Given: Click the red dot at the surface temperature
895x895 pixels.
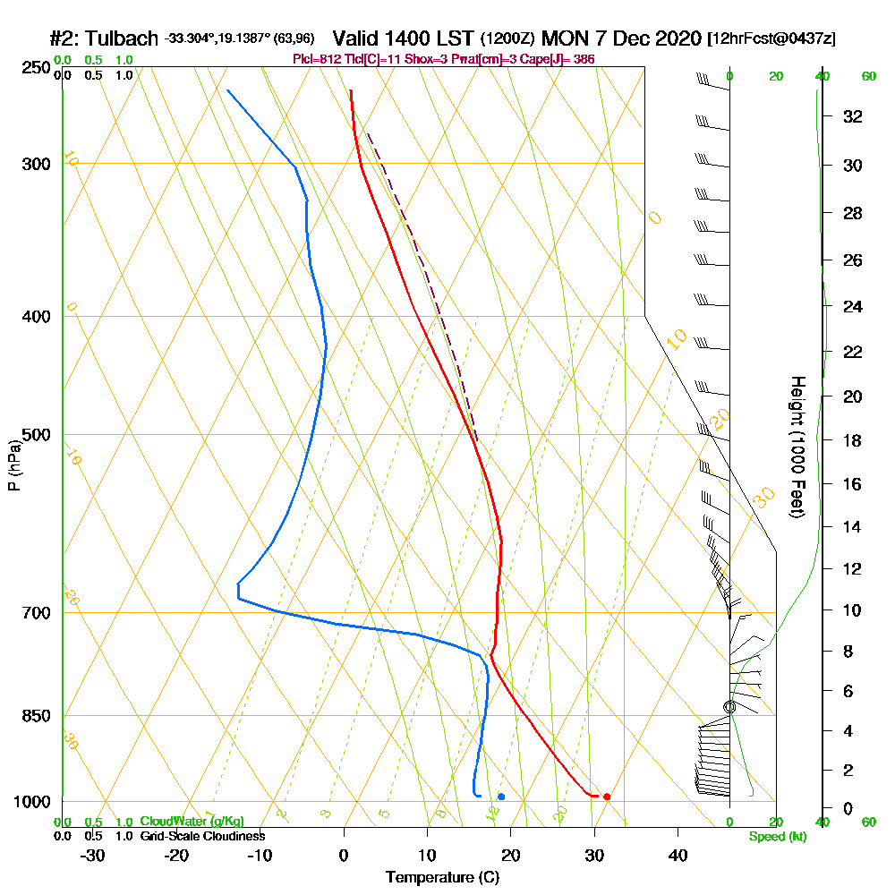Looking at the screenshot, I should [x=607, y=797].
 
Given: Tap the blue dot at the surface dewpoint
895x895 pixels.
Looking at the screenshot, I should [x=501, y=797].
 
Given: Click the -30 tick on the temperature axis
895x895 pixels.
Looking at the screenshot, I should [x=93, y=855].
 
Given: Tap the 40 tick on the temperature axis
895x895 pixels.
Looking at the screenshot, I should [x=678, y=855].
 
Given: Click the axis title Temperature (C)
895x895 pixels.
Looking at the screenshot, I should [x=442, y=878].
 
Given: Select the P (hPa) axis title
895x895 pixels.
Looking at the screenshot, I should [x=13, y=465].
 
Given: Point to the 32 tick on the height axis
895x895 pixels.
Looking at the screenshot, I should [x=853, y=116].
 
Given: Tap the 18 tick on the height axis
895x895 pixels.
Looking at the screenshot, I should [x=853, y=440].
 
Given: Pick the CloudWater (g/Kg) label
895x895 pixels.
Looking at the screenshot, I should [x=192, y=822].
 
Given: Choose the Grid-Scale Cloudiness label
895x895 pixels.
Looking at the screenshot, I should [x=202, y=836].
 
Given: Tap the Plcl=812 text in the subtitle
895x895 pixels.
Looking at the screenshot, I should [x=319, y=59].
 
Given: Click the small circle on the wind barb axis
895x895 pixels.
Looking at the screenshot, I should [x=729, y=707].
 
